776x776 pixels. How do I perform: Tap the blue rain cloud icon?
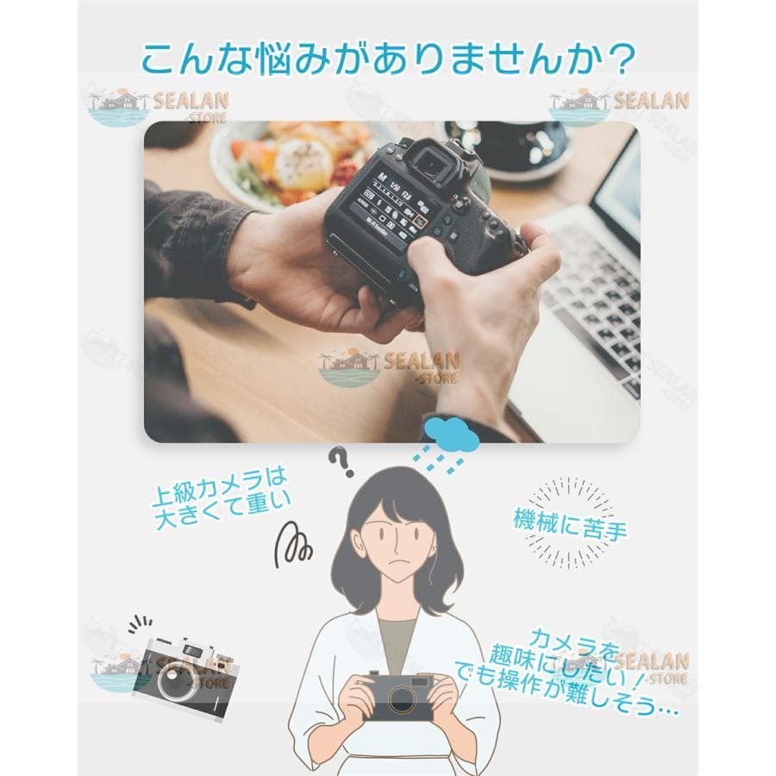click(x=450, y=431)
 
